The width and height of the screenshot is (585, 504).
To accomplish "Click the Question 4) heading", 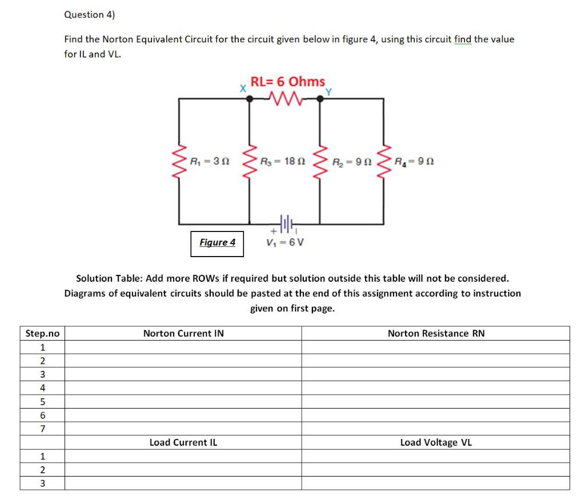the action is [90, 15].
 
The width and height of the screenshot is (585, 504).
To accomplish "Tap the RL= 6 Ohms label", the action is [287, 82].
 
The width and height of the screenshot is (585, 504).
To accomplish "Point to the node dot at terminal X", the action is [249, 98].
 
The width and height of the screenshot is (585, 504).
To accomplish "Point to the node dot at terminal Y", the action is [320, 98].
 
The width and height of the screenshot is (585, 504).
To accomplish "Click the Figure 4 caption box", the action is [217, 242].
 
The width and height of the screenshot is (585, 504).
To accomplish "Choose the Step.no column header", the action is [42, 333].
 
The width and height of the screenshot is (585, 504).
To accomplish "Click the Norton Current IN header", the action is [183, 333].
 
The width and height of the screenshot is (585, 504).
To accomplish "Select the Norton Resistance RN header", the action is [435, 333].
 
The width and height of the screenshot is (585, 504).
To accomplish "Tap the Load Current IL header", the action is [183, 442].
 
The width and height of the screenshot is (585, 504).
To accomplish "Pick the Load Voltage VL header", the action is [435, 442].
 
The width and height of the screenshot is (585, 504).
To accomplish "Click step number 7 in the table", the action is [42, 429].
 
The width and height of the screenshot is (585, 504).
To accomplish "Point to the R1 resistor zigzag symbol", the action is [179, 162].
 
